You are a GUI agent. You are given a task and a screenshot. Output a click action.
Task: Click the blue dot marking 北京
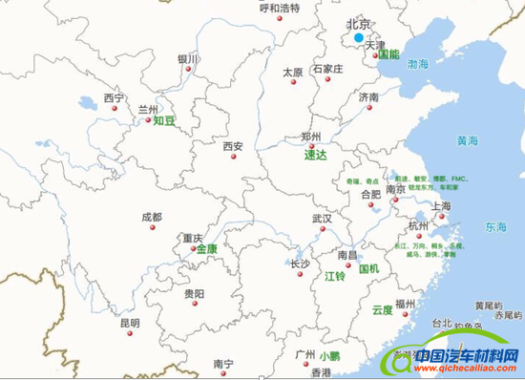tap(359, 38)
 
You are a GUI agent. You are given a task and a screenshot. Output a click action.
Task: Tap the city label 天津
tap(374, 45)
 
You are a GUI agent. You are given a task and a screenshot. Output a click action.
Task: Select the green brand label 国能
tap(388, 55)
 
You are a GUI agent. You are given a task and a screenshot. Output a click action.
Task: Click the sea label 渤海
tap(418, 64)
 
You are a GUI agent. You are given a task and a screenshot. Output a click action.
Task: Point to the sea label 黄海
tap(467, 141)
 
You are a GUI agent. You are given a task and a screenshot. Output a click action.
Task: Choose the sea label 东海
tap(494, 227)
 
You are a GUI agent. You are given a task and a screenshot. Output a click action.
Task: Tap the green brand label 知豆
tap(165, 121)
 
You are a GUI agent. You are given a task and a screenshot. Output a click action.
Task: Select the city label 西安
tap(233, 147)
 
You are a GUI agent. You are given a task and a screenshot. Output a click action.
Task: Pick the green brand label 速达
tap(315, 155)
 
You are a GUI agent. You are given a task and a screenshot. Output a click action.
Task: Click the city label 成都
tap(152, 218)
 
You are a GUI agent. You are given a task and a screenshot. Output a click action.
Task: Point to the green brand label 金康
tap(207, 249)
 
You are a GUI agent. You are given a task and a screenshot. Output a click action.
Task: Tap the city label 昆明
tap(129, 324)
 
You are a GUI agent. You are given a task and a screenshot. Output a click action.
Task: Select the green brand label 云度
tap(383, 309)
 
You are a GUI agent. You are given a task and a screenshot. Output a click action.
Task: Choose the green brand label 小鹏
tap(330, 355)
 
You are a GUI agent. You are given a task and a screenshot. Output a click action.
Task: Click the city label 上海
tap(441, 205)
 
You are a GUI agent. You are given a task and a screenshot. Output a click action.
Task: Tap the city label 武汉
tap(322, 219)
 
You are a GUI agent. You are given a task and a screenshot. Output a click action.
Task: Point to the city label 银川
tap(187, 59)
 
